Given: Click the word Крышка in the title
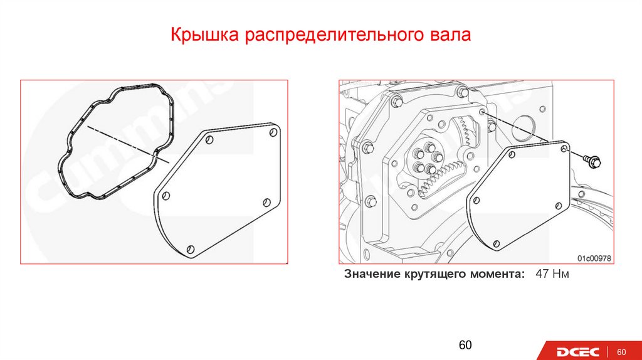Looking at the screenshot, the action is click(204, 34).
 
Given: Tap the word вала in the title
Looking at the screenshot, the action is click(450, 35).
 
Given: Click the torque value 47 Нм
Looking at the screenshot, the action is click(552, 273).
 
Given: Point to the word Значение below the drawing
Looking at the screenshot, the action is click(372, 273).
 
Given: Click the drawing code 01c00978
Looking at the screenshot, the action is click(594, 258).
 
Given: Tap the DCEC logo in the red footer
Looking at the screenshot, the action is click(577, 352).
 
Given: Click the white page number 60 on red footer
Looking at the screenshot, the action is click(621, 352).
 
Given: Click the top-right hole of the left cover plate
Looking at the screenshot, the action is click(273, 132).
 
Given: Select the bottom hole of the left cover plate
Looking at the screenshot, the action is click(191, 249).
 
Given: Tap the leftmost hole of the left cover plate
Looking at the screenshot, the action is click(166, 196).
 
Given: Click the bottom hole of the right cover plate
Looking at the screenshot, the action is click(497, 244).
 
